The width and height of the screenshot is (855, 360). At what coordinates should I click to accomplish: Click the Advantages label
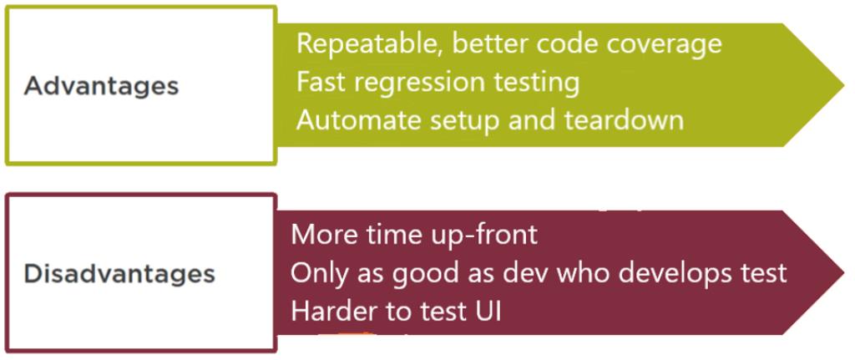pyautogui.click(x=101, y=87)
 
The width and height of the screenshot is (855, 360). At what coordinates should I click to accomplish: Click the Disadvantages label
pyautogui.click(x=119, y=274)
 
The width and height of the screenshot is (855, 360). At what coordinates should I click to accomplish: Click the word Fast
pyautogui.click(x=323, y=82)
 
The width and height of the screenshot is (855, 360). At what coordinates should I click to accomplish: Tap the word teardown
pyautogui.click(x=624, y=120)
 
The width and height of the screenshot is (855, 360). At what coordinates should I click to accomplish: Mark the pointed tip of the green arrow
pyautogui.click(x=844, y=85)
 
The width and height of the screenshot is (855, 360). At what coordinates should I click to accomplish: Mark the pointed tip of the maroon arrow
pyautogui.click(x=844, y=273)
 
